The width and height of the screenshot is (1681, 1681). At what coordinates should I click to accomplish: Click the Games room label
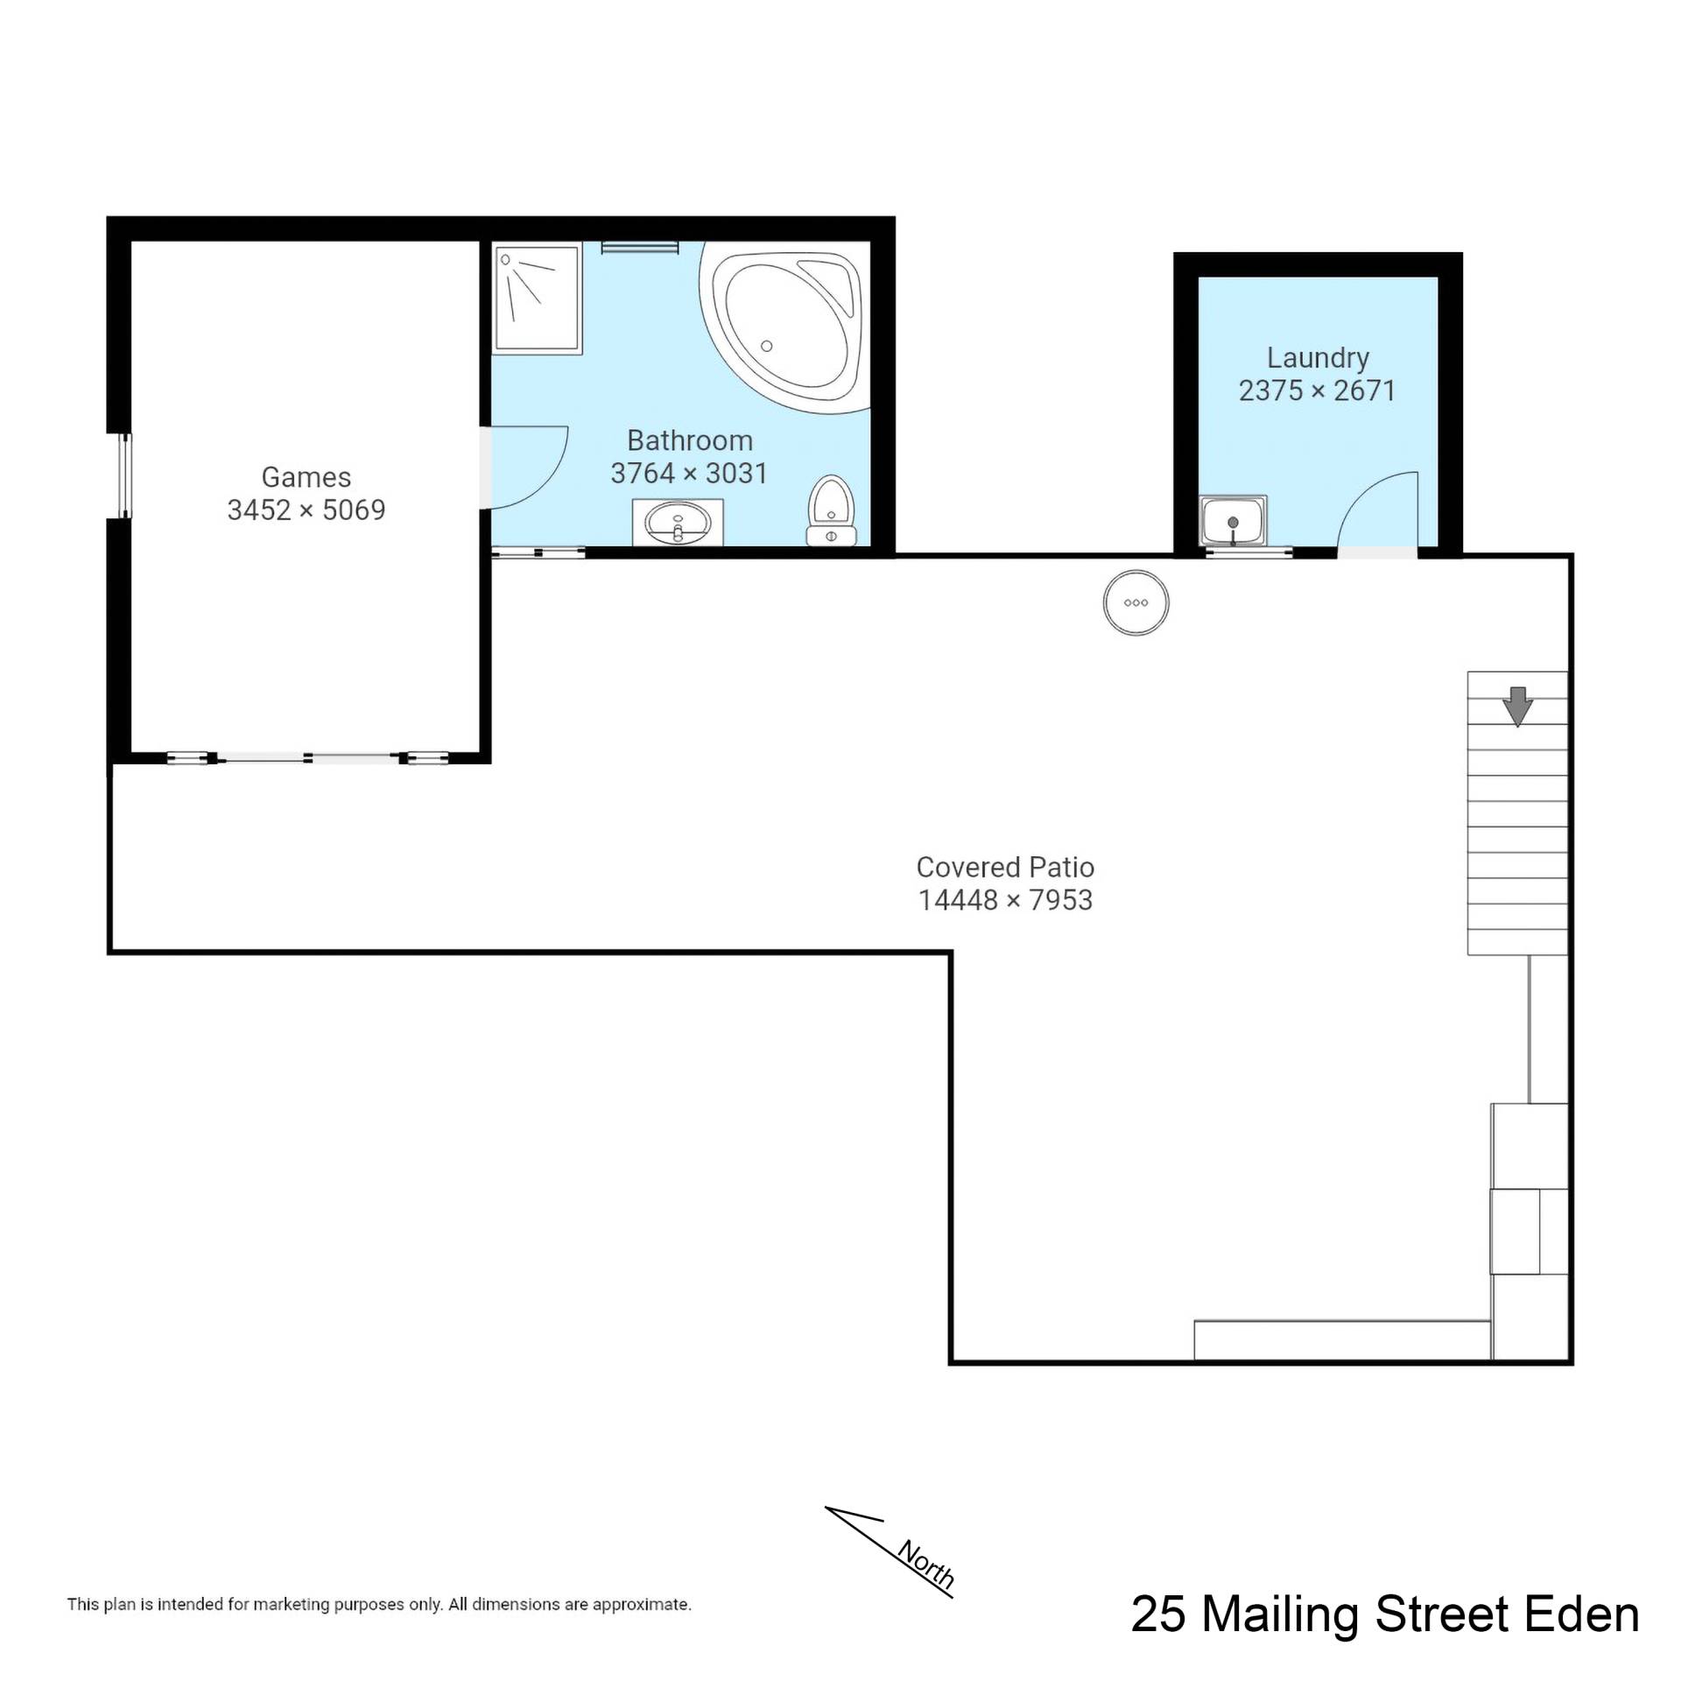pyautogui.click(x=306, y=477)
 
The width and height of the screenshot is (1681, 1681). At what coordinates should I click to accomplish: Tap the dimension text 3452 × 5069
pyautogui.click(x=306, y=510)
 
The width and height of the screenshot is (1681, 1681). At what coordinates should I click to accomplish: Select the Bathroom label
pyautogui.click(x=689, y=440)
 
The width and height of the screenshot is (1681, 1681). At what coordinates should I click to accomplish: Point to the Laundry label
pyautogui.click(x=1318, y=358)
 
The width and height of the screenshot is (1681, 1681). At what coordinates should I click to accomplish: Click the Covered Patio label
pyautogui.click(x=1005, y=867)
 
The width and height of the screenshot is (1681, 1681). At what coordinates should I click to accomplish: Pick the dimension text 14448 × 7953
pyautogui.click(x=1005, y=899)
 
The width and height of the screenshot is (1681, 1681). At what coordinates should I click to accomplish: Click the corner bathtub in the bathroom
pyautogui.click(x=784, y=327)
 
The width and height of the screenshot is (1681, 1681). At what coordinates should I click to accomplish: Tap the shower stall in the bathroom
pyautogui.click(x=538, y=299)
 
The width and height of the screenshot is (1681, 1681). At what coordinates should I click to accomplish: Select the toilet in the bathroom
pyautogui.click(x=831, y=510)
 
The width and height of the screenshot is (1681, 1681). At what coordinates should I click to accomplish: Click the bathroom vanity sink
pyautogui.click(x=678, y=523)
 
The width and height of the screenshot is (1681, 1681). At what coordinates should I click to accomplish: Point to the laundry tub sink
pyautogui.click(x=1233, y=521)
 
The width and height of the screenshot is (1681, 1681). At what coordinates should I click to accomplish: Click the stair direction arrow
pyautogui.click(x=1517, y=706)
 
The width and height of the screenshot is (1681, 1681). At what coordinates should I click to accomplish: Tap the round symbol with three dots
pyautogui.click(x=1136, y=602)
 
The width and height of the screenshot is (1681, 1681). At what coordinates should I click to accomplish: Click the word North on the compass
pyautogui.click(x=925, y=1565)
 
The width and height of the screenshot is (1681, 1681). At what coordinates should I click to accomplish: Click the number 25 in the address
pyautogui.click(x=1159, y=1614)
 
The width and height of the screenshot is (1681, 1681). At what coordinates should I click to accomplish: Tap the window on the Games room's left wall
pyautogui.click(x=125, y=475)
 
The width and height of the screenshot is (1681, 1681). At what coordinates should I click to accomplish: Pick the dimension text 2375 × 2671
pyautogui.click(x=1317, y=390)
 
